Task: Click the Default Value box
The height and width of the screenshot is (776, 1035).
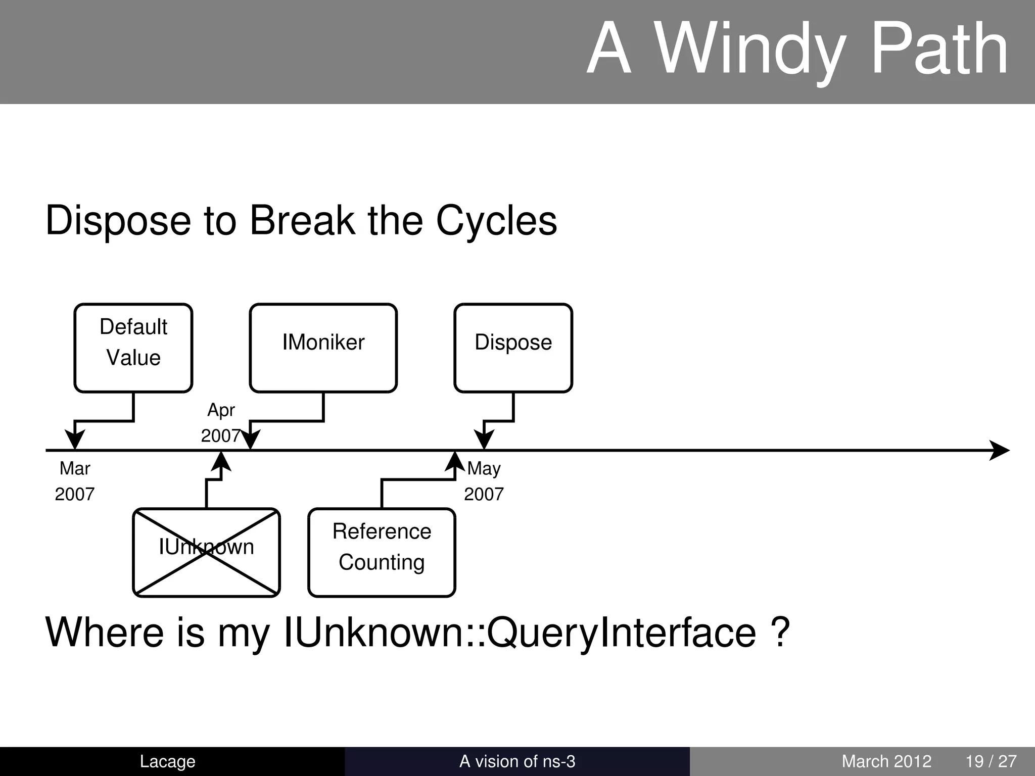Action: (133, 348)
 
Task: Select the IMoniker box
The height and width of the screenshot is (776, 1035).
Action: (323, 348)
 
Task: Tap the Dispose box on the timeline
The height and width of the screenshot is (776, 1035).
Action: (513, 348)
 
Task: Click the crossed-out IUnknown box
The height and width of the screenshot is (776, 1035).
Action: (206, 552)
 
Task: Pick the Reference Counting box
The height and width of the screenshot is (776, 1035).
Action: (382, 552)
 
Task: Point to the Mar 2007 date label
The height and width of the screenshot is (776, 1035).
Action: (75, 481)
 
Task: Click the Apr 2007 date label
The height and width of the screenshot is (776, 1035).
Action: (221, 422)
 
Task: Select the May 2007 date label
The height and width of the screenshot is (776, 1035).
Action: (484, 481)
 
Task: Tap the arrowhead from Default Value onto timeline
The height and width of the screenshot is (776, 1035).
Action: (75, 440)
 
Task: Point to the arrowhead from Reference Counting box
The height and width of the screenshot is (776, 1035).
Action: (455, 461)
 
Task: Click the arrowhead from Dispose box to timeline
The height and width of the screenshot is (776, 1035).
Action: (484, 440)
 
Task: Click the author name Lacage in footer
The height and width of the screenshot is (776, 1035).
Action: (167, 761)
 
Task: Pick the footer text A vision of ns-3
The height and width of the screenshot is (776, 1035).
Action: (517, 761)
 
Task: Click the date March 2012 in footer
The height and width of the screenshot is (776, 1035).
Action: (886, 761)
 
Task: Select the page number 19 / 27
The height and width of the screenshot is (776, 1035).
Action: (991, 761)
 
